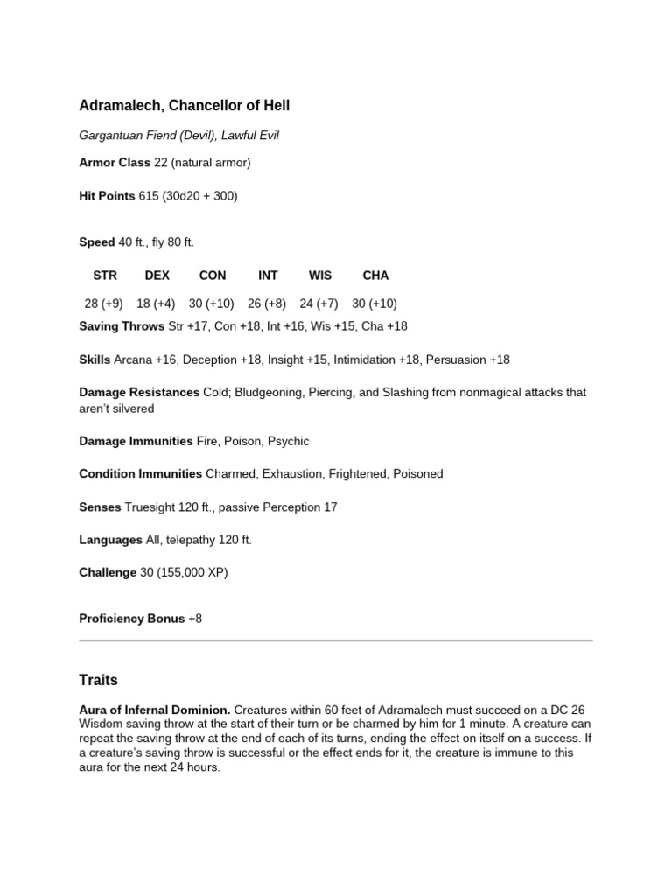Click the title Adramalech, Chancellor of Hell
coord(184,106)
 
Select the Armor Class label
coord(115,163)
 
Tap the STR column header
coord(105,275)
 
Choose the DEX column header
coord(157,275)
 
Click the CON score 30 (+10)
coord(211,304)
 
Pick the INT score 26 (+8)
coord(267,304)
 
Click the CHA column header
coord(375,275)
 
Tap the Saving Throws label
coord(122,326)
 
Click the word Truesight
coord(150,507)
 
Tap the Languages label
coord(110,540)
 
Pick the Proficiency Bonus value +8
coord(195,619)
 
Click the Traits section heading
coord(98,680)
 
